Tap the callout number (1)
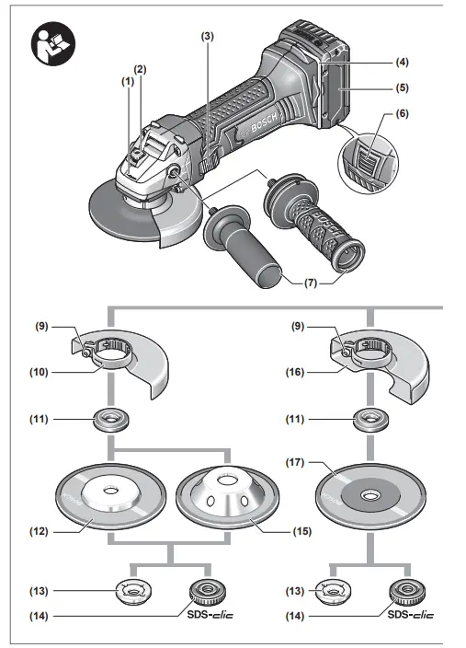point(126,82)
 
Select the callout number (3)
point(208,35)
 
